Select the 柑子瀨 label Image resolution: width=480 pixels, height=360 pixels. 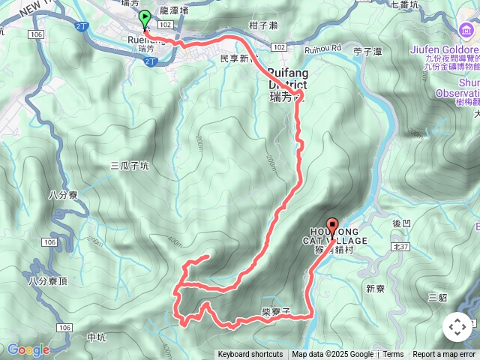pos(263,25)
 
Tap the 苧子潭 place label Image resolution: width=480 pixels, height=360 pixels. pos(367,52)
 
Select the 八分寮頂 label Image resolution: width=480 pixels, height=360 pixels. pos(48,281)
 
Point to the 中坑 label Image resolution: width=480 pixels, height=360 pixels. pos(97,337)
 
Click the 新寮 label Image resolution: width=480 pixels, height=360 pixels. pos(376,289)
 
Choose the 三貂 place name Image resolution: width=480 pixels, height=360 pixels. pos(437,298)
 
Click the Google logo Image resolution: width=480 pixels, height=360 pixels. pos(28,349)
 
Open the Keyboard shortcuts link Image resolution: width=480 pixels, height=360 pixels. pos(250,355)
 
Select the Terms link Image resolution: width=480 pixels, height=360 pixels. pos(393,355)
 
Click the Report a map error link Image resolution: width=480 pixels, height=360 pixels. pos(445,355)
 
